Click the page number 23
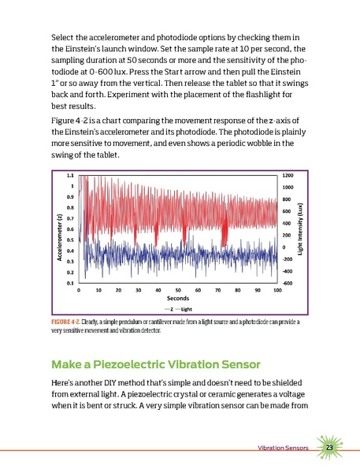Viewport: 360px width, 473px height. [330, 448]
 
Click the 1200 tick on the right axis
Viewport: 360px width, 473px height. [288, 175]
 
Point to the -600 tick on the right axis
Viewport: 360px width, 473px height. [288, 282]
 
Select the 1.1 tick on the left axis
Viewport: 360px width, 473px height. [71, 175]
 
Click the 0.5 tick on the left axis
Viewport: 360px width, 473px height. [71, 239]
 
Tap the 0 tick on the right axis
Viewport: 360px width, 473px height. [284, 247]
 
